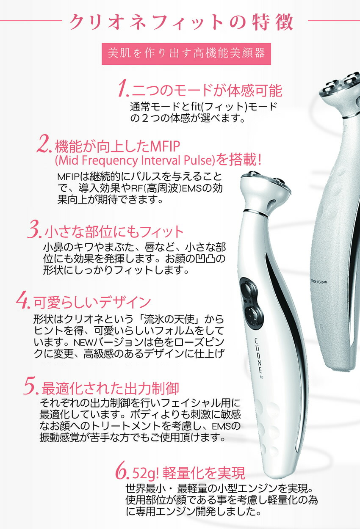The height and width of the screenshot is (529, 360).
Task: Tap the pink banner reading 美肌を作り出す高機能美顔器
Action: click(186, 53)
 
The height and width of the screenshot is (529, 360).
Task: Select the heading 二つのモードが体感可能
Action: click(207, 90)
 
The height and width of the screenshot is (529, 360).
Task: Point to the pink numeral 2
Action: click(45, 145)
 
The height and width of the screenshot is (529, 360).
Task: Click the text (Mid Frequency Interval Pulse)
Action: click(135, 161)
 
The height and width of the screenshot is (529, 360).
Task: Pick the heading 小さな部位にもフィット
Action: click(114, 231)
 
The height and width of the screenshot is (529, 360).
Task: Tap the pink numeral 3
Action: click(34, 231)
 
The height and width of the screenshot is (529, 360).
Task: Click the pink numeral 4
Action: click(22, 301)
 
